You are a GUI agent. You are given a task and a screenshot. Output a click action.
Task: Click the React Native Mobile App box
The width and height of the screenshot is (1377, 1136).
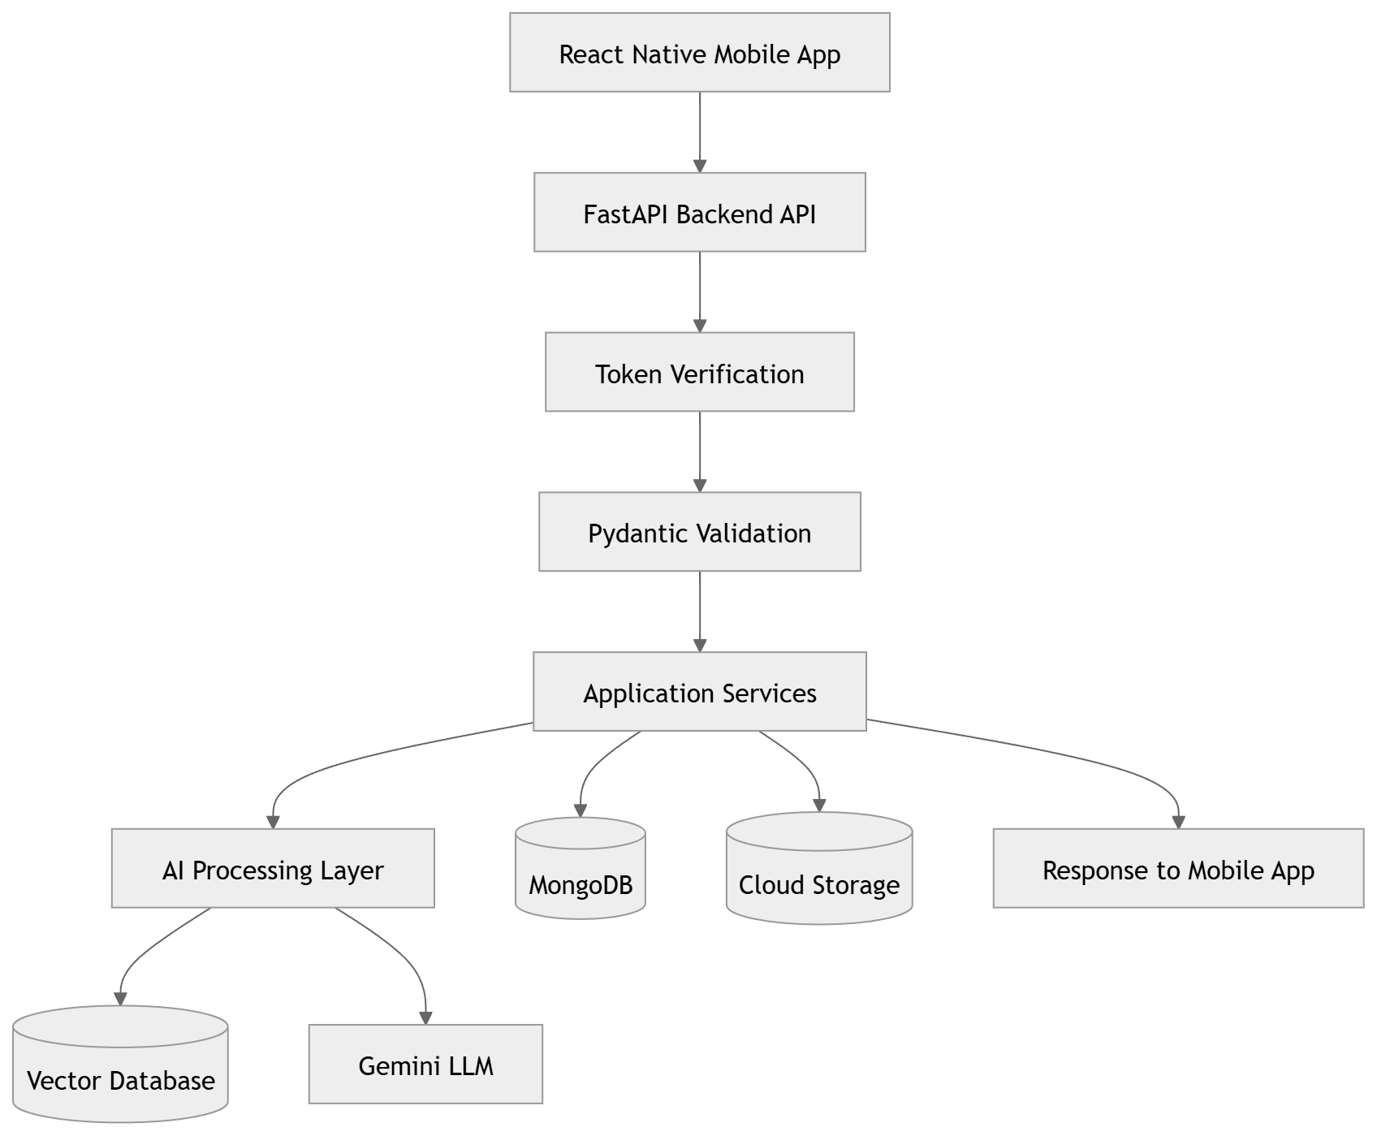[700, 53]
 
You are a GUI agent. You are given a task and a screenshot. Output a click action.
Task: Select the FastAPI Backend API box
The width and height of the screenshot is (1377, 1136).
[700, 212]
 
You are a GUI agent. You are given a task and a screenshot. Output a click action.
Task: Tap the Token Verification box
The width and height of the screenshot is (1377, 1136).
[700, 372]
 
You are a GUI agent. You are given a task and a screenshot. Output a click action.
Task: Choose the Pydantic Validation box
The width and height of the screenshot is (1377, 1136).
[700, 532]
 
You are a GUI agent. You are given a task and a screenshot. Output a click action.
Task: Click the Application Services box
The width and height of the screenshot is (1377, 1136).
[700, 692]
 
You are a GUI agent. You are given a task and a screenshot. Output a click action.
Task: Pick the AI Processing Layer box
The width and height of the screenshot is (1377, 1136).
[273, 868]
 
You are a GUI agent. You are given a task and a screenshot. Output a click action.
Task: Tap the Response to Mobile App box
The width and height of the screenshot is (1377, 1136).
[1178, 868]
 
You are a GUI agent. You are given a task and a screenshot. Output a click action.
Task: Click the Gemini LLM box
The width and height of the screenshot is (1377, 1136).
[425, 1065]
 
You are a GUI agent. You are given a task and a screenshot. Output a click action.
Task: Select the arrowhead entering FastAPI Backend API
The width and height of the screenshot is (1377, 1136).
[700, 165]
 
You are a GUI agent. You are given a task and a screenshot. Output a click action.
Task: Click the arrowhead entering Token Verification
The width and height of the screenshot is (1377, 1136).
[700, 325]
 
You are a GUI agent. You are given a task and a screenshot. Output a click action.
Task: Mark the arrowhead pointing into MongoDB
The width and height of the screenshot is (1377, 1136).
[581, 810]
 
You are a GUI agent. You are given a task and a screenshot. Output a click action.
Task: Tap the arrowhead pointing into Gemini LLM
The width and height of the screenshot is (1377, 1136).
[425, 1017]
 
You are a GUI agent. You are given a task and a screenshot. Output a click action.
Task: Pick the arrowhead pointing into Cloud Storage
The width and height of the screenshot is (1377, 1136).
[819, 805]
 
